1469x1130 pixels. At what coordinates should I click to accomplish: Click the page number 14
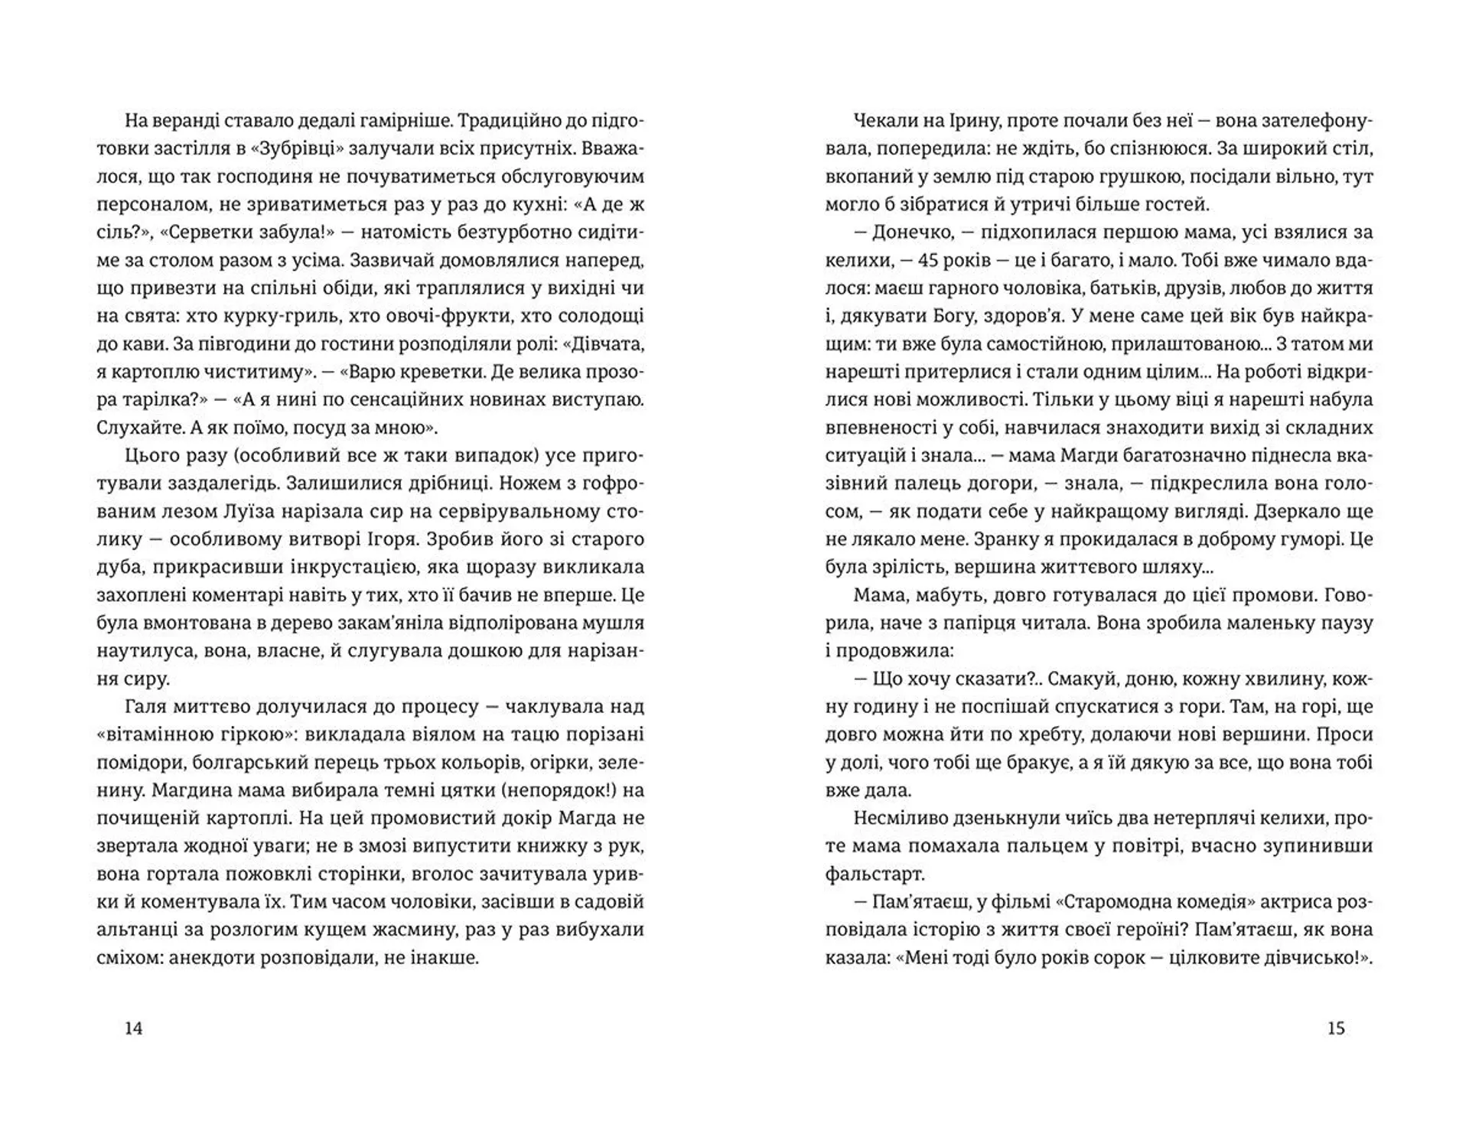(x=133, y=1028)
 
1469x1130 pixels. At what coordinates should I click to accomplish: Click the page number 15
(x=1335, y=1028)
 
